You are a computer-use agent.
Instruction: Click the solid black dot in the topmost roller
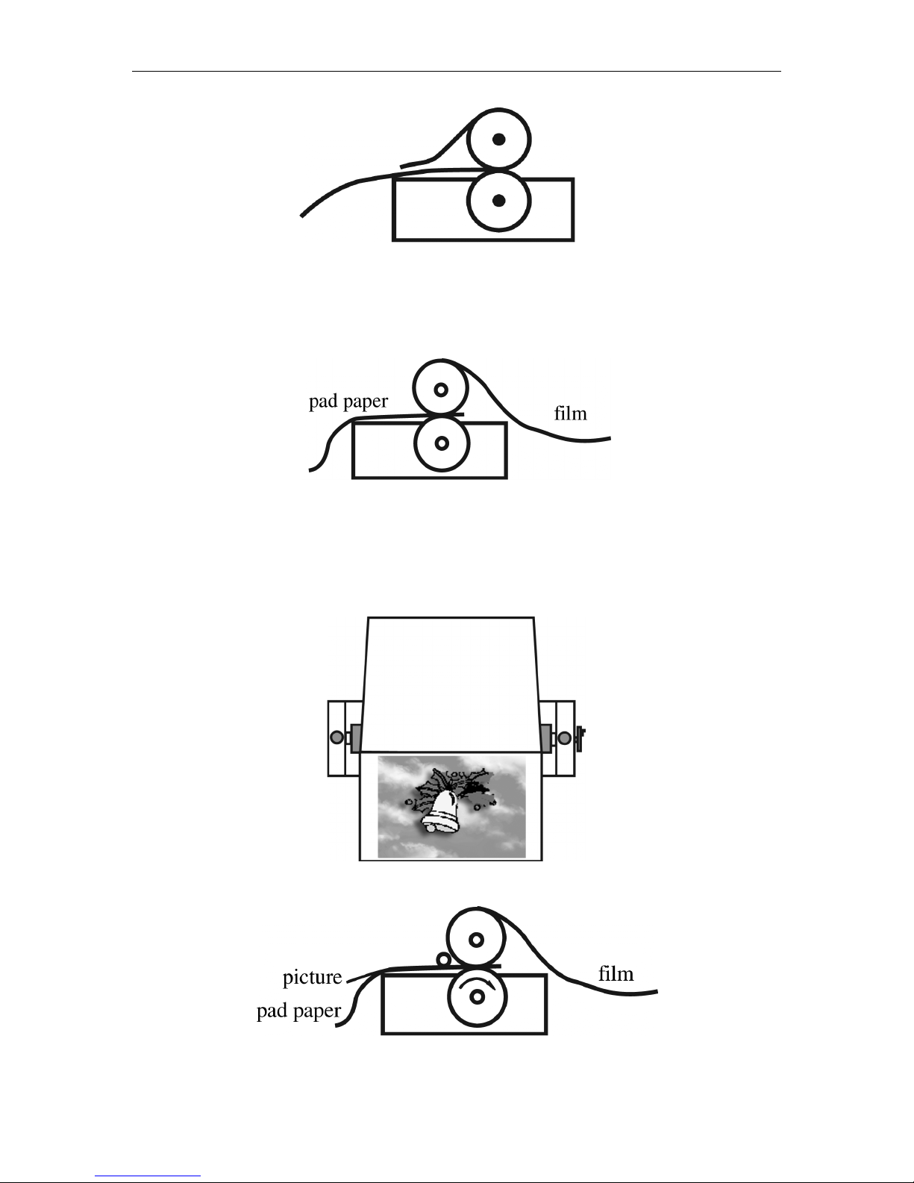tap(498, 140)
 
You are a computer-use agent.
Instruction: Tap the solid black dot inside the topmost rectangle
tap(498, 200)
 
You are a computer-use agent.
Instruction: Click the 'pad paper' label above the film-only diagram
tap(348, 402)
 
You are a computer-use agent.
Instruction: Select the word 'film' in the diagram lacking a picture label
tap(570, 413)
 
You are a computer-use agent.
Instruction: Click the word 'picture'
tap(313, 977)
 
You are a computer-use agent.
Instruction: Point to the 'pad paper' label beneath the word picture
tap(298, 1011)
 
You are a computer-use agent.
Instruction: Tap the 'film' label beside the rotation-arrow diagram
tap(616, 973)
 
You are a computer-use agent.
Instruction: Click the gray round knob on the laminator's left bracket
tap(337, 737)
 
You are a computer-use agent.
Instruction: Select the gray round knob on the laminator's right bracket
tap(565, 738)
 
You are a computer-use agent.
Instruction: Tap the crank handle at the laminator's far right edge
tap(580, 738)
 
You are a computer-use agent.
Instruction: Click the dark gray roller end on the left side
tap(356, 738)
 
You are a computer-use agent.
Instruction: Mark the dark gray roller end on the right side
tap(545, 738)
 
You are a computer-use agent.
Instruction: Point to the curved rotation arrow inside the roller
tap(477, 981)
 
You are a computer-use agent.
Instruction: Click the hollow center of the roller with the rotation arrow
tap(477, 997)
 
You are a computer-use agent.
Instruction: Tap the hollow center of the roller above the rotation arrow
tap(477, 940)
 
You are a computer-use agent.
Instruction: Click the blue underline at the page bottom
tap(148, 1176)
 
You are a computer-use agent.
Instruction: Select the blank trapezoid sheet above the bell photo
tap(451, 685)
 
